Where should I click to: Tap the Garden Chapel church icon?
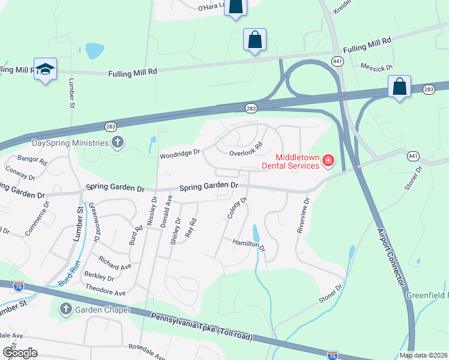pyautogui.click(x=66, y=310)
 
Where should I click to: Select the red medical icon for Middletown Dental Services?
pyautogui.click(x=328, y=160)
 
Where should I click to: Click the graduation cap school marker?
pyautogui.click(x=45, y=70)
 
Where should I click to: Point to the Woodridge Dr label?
pyautogui.click(x=179, y=154)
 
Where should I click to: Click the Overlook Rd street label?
pyautogui.click(x=247, y=149)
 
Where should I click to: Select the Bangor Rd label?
pyautogui.click(x=32, y=160)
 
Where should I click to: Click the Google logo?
pyautogui.click(x=20, y=352)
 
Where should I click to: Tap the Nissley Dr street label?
pyautogui.click(x=151, y=208)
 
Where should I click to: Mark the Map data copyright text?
pyautogui.click(x=424, y=355)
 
